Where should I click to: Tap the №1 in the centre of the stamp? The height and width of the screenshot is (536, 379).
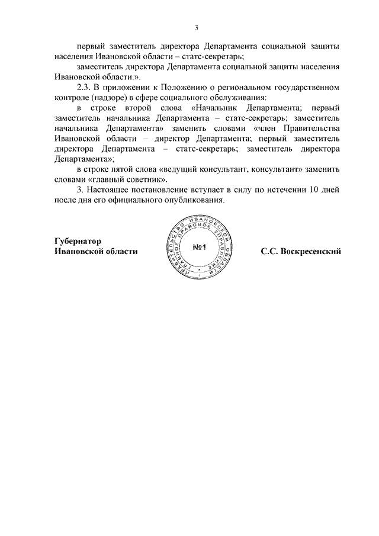click(198, 247)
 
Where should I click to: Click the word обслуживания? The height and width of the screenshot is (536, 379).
click(237, 97)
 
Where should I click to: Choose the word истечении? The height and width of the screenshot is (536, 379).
click(280, 190)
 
